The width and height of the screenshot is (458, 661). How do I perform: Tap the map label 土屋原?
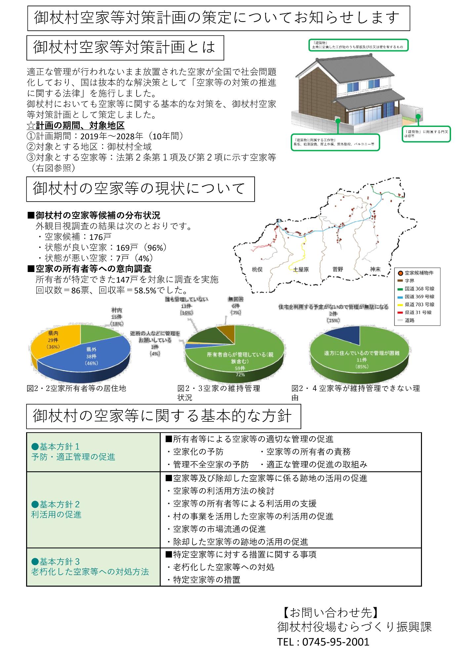tap(301, 269)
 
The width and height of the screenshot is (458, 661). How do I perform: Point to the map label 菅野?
tap(338, 269)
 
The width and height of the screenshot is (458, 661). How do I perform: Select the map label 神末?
tap(375, 269)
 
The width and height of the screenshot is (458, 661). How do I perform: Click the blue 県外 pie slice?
tap(96, 357)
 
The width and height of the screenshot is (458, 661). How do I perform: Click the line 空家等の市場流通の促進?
tap(219, 529)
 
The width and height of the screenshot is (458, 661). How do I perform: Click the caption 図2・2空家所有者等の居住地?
tap(76, 388)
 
